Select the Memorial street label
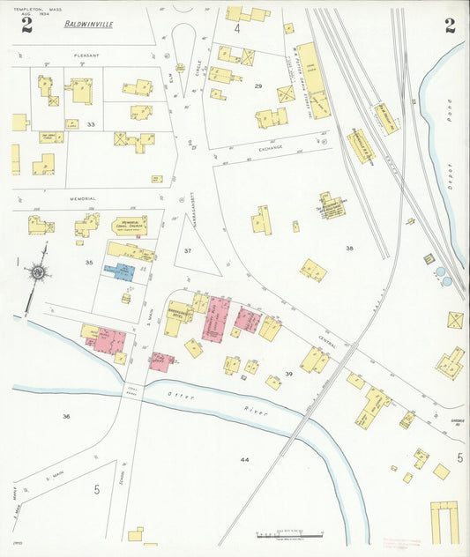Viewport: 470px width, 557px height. click(83, 200)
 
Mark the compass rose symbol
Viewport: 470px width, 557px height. click(38, 273)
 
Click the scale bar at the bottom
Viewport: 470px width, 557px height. click(289, 535)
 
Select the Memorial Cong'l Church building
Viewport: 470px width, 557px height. click(130, 226)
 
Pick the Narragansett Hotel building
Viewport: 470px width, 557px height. click(179, 316)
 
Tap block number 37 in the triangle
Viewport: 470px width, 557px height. click(188, 251)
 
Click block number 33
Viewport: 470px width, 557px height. click(91, 124)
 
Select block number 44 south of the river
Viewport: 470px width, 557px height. click(244, 460)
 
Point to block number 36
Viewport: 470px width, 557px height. click(65, 416)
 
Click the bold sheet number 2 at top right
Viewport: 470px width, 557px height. click(450, 26)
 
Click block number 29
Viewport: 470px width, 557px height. click(258, 85)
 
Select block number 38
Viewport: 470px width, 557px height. click(349, 249)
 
